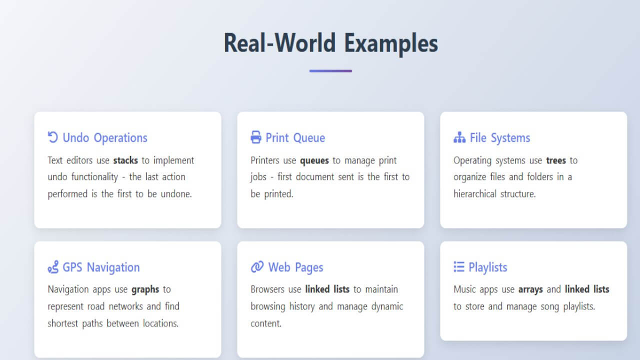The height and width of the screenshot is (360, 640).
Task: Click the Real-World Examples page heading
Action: tap(330, 43)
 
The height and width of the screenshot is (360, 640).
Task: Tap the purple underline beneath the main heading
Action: tap(330, 71)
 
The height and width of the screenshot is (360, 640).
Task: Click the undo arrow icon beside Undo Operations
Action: tap(52, 137)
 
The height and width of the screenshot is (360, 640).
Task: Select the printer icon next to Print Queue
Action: tap(256, 137)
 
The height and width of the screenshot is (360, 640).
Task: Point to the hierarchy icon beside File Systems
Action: tap(459, 137)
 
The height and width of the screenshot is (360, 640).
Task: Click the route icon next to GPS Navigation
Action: tap(53, 267)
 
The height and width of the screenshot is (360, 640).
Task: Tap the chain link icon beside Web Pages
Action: tap(257, 267)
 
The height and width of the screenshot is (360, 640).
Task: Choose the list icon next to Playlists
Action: tap(458, 267)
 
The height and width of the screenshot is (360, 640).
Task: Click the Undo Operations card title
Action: tap(105, 138)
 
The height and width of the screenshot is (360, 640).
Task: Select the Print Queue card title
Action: tap(295, 138)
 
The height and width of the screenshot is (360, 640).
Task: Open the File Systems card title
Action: tap(499, 138)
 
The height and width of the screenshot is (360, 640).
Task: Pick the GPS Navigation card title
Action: tap(101, 267)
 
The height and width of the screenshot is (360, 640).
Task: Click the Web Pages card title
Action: tap(295, 267)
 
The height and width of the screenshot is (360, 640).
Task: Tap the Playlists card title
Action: tap(487, 267)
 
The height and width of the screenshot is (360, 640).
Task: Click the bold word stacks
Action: tap(125, 160)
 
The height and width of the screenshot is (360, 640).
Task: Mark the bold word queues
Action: tap(314, 160)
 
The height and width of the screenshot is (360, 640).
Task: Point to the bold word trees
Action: tap(556, 160)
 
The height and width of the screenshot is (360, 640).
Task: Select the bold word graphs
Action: tap(145, 289)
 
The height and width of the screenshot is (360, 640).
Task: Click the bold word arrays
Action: tap(530, 289)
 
